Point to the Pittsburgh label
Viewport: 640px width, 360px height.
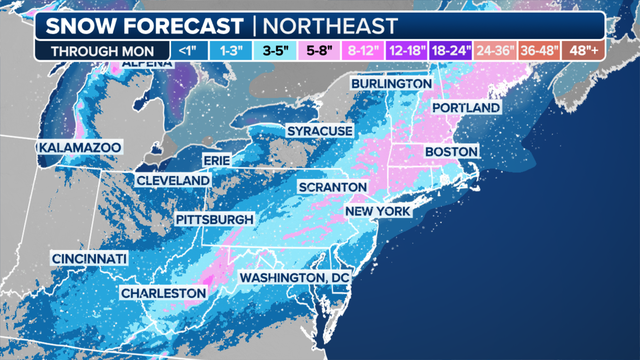215,219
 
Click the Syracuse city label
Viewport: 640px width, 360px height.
319,131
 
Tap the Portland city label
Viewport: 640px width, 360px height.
465,107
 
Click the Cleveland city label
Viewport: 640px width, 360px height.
172,180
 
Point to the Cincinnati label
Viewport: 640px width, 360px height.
90,259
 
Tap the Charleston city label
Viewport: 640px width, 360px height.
162,293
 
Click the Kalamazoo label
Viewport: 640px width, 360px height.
79,147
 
